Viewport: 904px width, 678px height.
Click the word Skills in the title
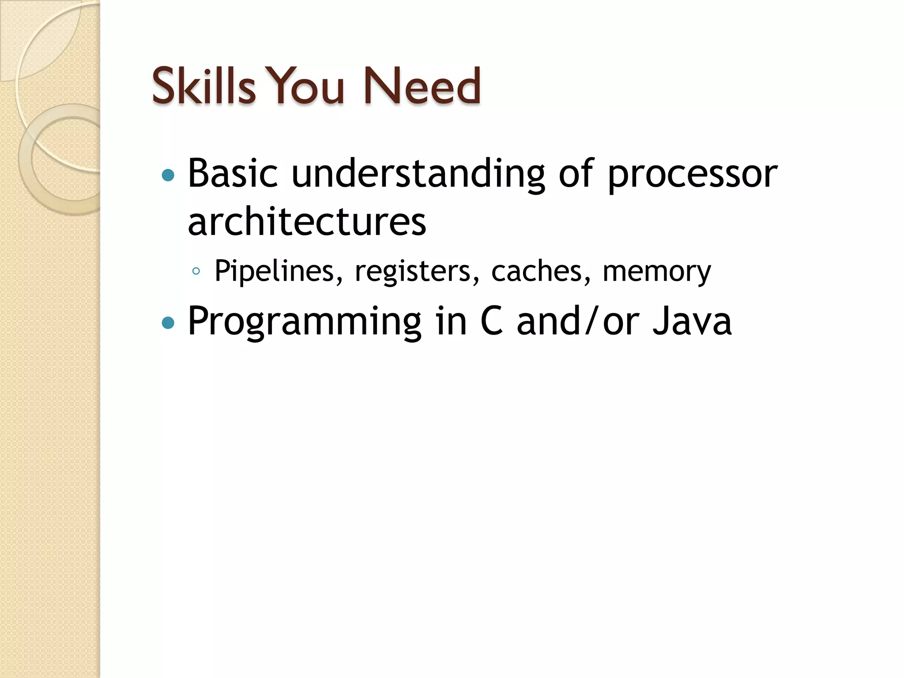[x=203, y=86]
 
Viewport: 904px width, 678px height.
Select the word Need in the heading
[x=422, y=86]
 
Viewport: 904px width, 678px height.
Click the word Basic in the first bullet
[x=233, y=173]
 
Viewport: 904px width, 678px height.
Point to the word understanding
[x=418, y=174]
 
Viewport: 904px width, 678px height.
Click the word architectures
[x=307, y=222]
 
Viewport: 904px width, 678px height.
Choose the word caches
[x=541, y=271]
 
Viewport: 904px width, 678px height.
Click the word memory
[x=657, y=272]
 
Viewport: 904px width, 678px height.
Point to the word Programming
[x=305, y=322]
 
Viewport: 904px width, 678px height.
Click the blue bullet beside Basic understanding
[x=168, y=176]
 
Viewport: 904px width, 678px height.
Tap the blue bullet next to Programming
[x=168, y=323]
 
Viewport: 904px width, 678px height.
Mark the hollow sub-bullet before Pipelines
[x=196, y=271]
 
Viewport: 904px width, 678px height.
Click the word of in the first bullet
[x=576, y=173]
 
